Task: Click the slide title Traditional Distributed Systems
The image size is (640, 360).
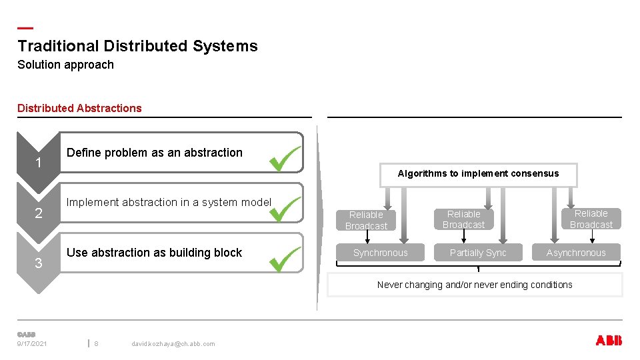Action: pyautogui.click(x=137, y=46)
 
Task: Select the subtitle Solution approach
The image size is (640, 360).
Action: pyautogui.click(x=65, y=65)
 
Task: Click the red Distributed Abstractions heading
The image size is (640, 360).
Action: pyautogui.click(x=79, y=108)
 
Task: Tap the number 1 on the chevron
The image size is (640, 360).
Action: pyautogui.click(x=39, y=163)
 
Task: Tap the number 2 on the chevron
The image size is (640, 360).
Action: pyautogui.click(x=39, y=213)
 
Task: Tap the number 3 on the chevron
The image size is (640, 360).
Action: pyautogui.click(x=39, y=263)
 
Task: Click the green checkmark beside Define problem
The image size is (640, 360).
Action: pyautogui.click(x=285, y=159)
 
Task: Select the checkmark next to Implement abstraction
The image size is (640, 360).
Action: pyautogui.click(x=285, y=209)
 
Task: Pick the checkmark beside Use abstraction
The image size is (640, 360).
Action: pyautogui.click(x=285, y=259)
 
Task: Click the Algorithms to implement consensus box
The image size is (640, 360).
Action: pyautogui.click(x=478, y=174)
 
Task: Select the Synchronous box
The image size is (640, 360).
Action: pyautogui.click(x=380, y=253)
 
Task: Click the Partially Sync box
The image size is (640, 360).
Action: pyautogui.click(x=478, y=253)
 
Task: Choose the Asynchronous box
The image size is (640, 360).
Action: pyautogui.click(x=576, y=253)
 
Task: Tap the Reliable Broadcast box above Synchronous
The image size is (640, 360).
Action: pyautogui.click(x=366, y=220)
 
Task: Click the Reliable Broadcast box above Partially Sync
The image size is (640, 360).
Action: pyautogui.click(x=464, y=219)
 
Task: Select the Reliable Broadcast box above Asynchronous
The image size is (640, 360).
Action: pyautogui.click(x=591, y=219)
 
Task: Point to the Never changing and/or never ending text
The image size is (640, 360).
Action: pyautogui.click(x=475, y=285)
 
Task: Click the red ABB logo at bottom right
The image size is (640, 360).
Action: pyautogui.click(x=608, y=341)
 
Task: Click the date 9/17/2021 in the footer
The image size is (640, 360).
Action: pyautogui.click(x=32, y=344)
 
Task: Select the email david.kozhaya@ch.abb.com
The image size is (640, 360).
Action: pyautogui.click(x=173, y=344)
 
